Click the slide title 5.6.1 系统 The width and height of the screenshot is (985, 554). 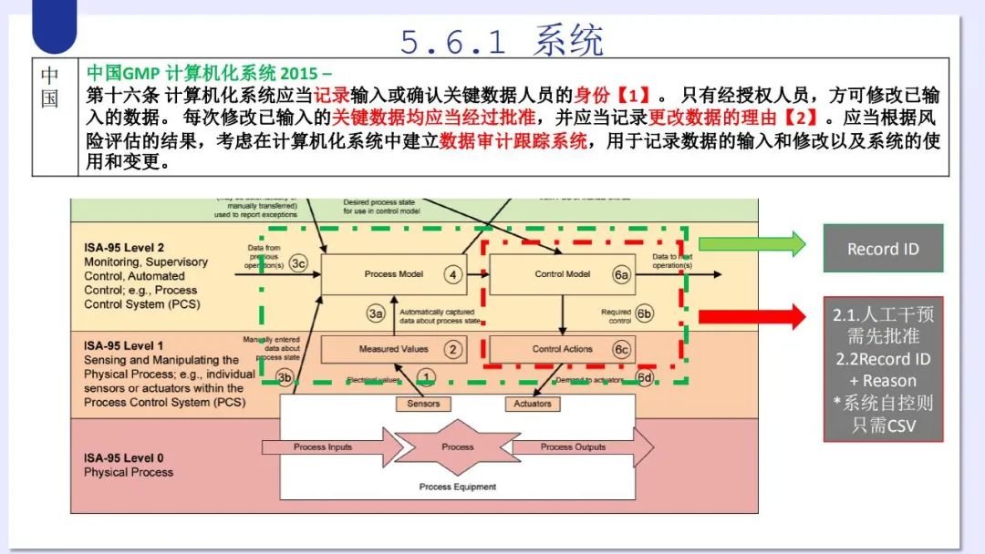tap(502, 39)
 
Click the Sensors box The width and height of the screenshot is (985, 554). tap(423, 404)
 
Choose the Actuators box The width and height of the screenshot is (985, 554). tap(533, 404)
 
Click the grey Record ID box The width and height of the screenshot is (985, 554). tap(883, 248)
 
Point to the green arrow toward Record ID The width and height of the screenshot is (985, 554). tap(752, 244)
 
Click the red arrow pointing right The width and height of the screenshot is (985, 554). tap(752, 317)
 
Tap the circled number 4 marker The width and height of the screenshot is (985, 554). tap(452, 274)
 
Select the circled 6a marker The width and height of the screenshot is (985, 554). tap(622, 274)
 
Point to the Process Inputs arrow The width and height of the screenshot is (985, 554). tap(328, 447)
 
